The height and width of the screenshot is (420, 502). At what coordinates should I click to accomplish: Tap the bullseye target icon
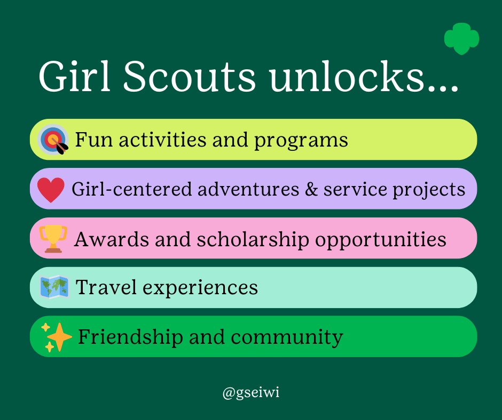53,139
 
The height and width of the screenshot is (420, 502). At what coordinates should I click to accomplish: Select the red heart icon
51,190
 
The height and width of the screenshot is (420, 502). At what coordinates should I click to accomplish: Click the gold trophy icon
53,239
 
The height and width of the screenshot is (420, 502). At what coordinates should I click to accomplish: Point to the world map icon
54,287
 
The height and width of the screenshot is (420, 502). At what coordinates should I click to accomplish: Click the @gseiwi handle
251,392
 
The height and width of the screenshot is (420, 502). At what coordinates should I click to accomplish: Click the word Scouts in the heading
189,77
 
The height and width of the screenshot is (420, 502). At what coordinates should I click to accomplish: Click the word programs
301,141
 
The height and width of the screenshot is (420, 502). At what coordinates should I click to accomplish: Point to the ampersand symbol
311,189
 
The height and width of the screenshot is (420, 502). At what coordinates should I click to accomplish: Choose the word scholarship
253,240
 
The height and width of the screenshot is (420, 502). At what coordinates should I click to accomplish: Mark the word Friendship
130,337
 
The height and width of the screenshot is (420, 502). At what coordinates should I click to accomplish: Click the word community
287,338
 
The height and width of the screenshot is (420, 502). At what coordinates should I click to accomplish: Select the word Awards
112,239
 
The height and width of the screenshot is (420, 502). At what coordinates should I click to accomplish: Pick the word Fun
93,140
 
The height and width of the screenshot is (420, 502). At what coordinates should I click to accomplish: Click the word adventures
248,189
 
